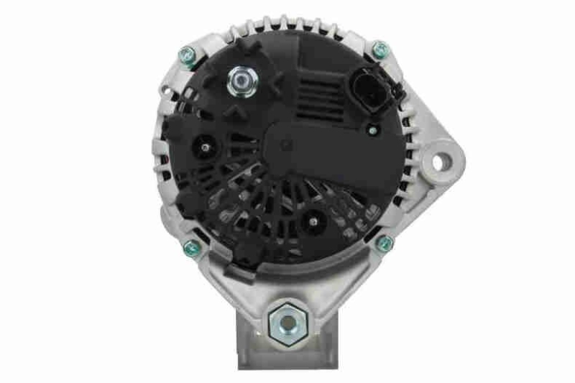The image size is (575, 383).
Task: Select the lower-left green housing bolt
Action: coord(190,247)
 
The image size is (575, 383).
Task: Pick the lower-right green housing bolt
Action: coord(384,243)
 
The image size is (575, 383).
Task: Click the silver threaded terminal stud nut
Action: coord(239,80)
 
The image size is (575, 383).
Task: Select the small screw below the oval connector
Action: coord(372,130)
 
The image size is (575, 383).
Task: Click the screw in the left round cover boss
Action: coord(205,147)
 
